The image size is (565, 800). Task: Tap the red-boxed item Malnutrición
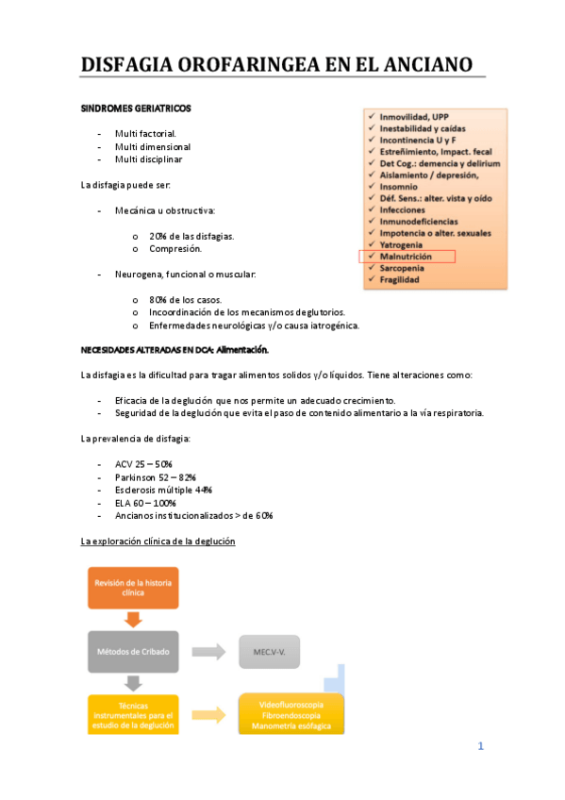point(406,256)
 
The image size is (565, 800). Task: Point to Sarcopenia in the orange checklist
point(403,268)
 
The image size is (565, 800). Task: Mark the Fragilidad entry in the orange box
point(401,279)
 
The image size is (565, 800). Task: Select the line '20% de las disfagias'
point(191,236)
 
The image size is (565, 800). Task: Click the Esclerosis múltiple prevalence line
point(163,491)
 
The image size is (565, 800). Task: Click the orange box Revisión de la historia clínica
point(133,588)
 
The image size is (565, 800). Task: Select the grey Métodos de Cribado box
point(132,651)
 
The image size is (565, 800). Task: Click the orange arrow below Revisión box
point(133,619)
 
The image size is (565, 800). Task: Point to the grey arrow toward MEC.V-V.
point(208,651)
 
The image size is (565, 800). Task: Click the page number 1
point(480,746)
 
